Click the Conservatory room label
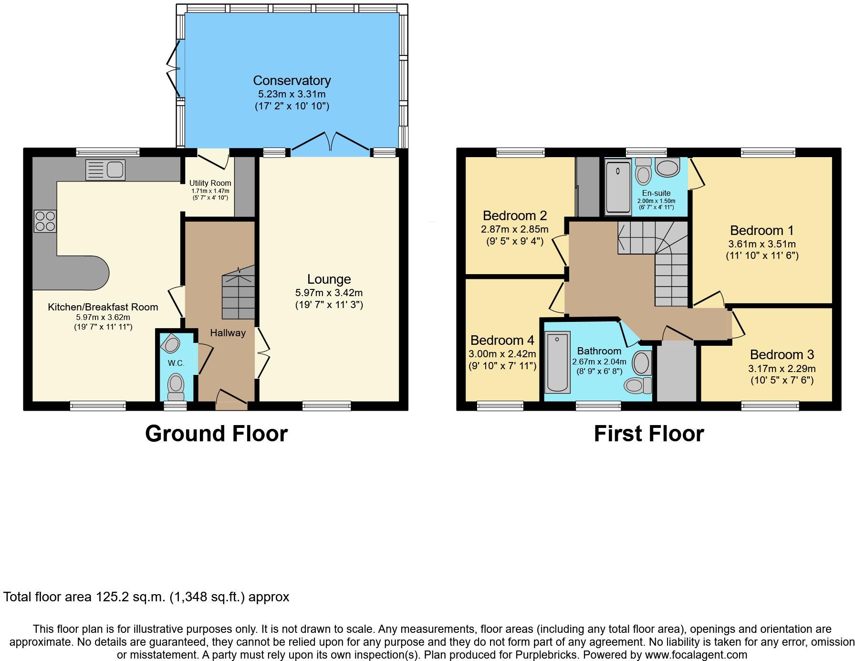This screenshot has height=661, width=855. pos(292,80)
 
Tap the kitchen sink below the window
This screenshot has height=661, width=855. pos(105,170)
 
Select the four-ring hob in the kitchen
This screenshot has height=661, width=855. pos(45,221)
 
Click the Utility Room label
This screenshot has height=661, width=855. pos(210,183)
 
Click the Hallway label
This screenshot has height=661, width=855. pos(228,333)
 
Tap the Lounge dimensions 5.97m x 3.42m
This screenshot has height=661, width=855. pos(329,293)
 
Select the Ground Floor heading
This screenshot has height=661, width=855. pos(216,434)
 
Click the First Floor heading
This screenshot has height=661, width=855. pos(648,434)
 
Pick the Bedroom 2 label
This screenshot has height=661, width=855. pos(514,215)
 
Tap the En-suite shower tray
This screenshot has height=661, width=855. pos(617,187)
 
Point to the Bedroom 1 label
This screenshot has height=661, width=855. pos(761,231)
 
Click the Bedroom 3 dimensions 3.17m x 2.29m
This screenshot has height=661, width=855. pos(782,369)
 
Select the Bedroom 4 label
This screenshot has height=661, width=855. pos(502,341)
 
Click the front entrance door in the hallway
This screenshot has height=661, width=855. pos(232,398)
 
